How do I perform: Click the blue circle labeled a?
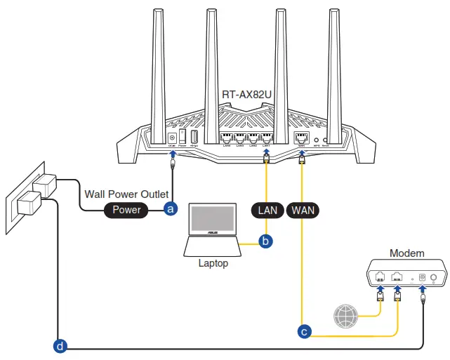(x=169, y=209)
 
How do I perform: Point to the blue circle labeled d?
(x=60, y=346)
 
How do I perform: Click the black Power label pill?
(x=126, y=209)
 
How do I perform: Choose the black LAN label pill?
(x=267, y=209)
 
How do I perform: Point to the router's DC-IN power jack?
(x=172, y=138)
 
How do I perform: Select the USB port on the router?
(x=194, y=138)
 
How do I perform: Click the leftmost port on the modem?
(x=380, y=276)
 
